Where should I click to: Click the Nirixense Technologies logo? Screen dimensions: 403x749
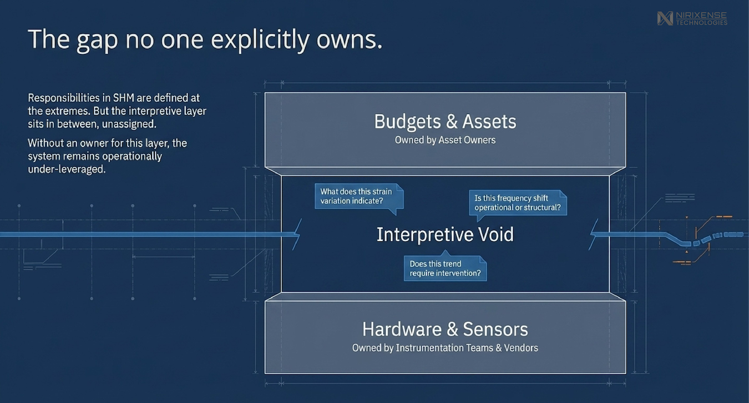point(692,18)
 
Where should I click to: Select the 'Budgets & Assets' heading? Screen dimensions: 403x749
point(445,121)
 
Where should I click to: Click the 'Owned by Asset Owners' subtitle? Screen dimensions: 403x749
point(445,140)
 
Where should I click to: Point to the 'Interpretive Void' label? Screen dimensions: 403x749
point(445,234)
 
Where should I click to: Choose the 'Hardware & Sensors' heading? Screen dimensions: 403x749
point(445,329)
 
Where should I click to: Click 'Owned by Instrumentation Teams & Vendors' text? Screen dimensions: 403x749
point(445,348)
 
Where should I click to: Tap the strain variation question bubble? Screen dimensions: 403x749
point(358,196)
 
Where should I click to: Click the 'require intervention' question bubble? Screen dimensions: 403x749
point(445,268)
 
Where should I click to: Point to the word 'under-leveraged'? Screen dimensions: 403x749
point(67,169)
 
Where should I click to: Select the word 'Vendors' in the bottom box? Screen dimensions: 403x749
point(520,348)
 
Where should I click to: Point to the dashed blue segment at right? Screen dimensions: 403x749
point(716,236)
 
